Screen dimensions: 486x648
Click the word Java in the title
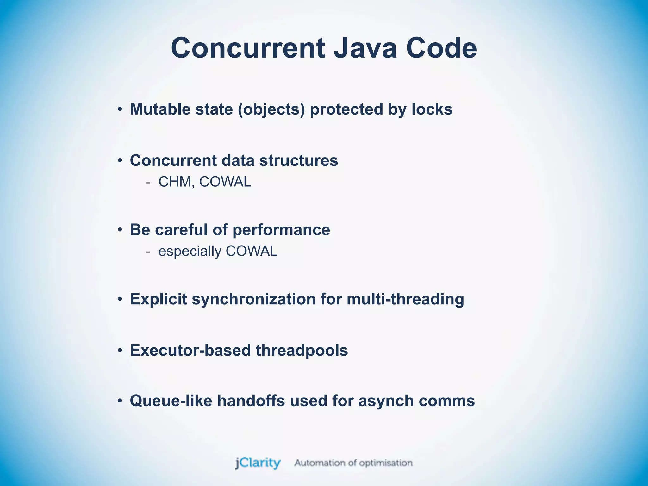click(x=365, y=48)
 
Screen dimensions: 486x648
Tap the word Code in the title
click(x=441, y=48)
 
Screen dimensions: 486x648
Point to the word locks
click(x=432, y=109)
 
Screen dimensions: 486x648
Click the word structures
click(x=298, y=160)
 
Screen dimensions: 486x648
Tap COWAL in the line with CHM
click(x=225, y=182)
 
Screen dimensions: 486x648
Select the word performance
click(x=281, y=230)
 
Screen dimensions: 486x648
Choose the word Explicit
click(x=158, y=299)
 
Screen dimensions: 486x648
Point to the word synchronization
click(x=253, y=299)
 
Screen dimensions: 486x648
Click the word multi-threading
click(x=405, y=299)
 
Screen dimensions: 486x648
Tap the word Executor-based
click(x=190, y=351)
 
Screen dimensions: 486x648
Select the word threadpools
click(x=302, y=351)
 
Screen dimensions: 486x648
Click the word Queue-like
click(x=171, y=401)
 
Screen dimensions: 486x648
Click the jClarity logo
click(x=258, y=463)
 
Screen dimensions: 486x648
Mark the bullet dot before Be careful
click(x=120, y=230)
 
